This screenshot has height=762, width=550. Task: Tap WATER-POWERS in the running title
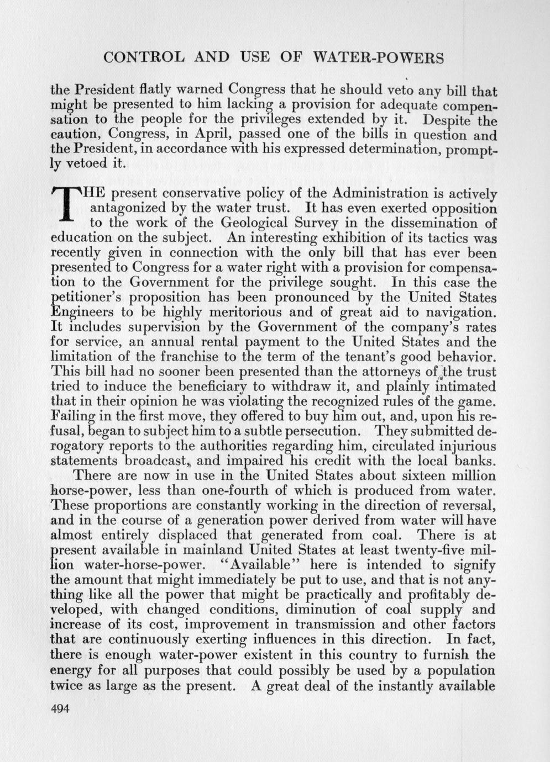coord(379,57)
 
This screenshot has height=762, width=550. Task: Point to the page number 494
coord(62,710)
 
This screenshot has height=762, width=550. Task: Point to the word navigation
coord(451,313)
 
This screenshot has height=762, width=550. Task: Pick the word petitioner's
coord(88,298)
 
